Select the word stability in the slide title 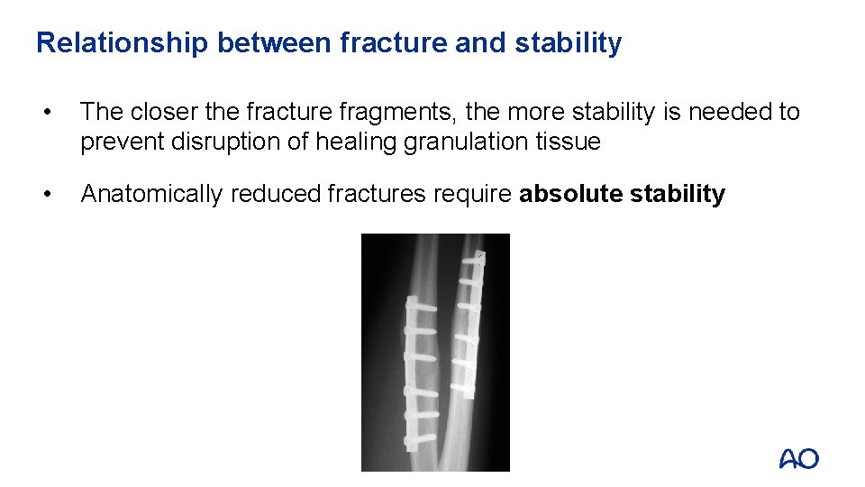[568, 43]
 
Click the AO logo [799, 459]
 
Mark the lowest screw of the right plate [462, 388]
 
